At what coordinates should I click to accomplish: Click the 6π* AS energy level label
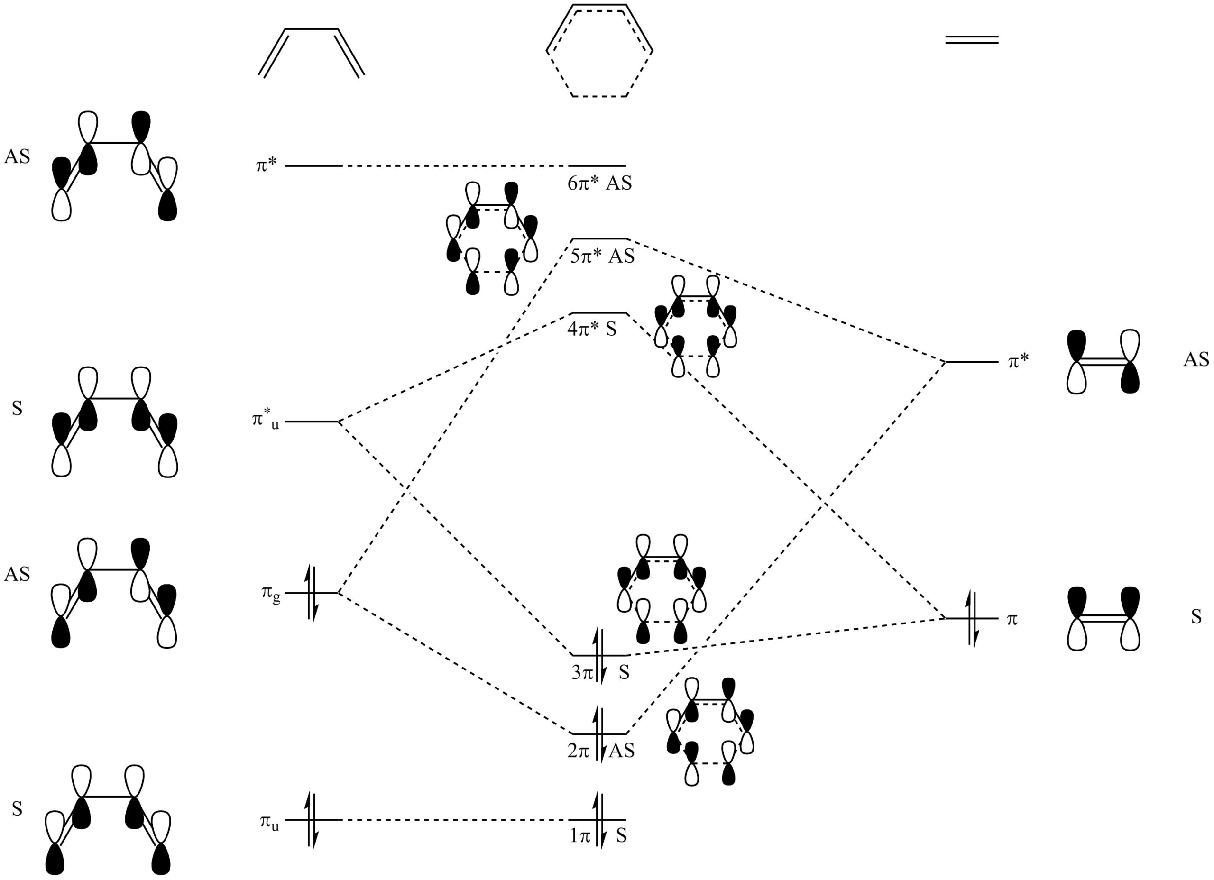point(599,183)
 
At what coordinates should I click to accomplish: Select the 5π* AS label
point(602,257)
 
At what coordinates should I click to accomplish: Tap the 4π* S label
point(592,329)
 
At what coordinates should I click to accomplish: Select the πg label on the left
point(271,594)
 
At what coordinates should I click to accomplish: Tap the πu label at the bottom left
point(270,822)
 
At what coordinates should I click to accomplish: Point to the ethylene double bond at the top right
point(972,39)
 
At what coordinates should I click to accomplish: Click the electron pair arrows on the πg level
point(311,593)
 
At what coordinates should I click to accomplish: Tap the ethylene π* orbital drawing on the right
point(1103,362)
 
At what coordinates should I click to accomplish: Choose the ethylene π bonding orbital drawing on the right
point(1103,619)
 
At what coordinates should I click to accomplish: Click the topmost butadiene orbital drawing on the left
point(115,166)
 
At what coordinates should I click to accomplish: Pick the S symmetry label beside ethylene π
point(1196,617)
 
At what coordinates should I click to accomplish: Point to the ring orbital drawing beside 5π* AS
point(492,238)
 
